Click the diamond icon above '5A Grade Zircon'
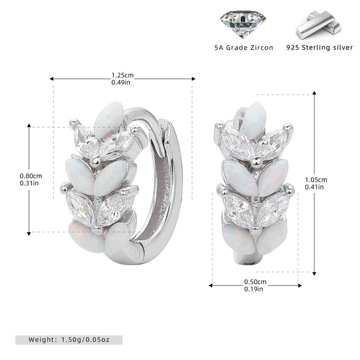[x=243, y=24]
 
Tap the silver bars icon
[x=319, y=25]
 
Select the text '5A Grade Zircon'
[x=244, y=48]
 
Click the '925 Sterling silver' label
[x=319, y=47]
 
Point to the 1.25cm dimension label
[x=122, y=75]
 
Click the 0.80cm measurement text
[x=31, y=176]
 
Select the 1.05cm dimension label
[x=316, y=180]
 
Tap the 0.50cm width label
[x=255, y=282]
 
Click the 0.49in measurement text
[x=121, y=82]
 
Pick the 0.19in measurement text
[x=254, y=289]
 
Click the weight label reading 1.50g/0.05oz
[x=69, y=340]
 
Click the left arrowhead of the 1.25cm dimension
[x=52, y=79]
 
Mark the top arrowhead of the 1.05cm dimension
[x=314, y=93]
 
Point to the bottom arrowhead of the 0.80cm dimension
[x=29, y=233]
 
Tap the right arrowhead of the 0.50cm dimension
[x=300, y=286]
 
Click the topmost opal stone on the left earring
[x=109, y=120]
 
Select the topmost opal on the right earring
[x=254, y=120]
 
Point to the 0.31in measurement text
[x=29, y=183]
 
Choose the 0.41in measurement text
[x=314, y=187]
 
